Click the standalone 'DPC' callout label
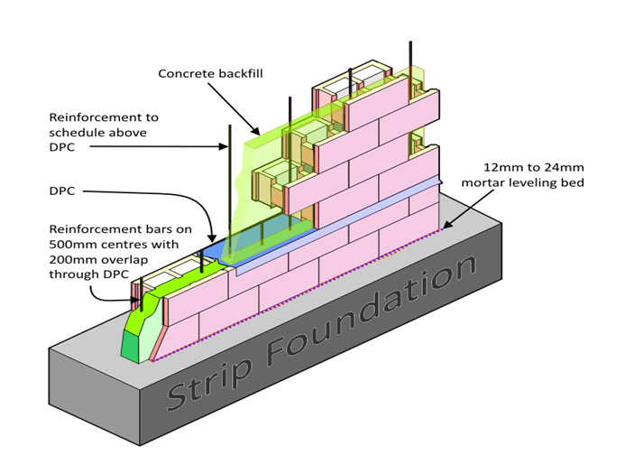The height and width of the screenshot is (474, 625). (x=64, y=191)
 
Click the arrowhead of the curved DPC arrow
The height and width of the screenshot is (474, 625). (x=209, y=237)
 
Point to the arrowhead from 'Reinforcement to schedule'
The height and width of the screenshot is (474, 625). (x=226, y=145)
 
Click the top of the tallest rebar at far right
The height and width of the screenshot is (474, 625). (x=412, y=42)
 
